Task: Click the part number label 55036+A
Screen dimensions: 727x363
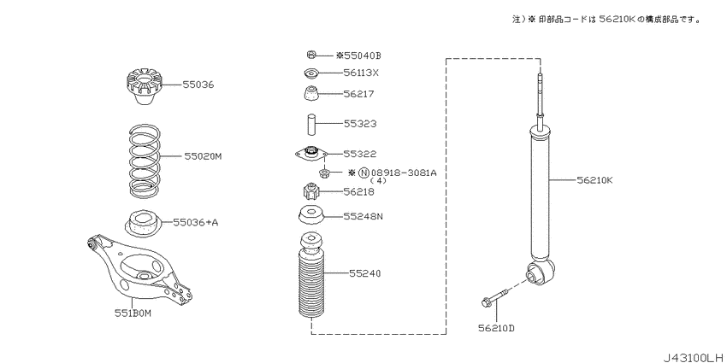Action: tap(195, 223)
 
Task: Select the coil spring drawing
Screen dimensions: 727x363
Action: tap(145, 160)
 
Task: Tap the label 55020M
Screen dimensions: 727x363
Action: tap(203, 156)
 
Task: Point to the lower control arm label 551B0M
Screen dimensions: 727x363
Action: tap(133, 313)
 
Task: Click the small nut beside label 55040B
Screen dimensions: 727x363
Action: tap(311, 56)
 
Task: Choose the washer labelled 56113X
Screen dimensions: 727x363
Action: tap(310, 73)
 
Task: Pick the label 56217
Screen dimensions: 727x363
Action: tap(359, 94)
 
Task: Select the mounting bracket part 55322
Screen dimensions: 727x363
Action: tap(311, 154)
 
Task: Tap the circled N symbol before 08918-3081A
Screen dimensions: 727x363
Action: tap(364, 173)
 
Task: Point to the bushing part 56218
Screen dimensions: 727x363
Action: tap(311, 190)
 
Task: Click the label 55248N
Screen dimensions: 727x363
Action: tap(363, 216)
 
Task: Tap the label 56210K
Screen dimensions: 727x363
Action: tap(595, 179)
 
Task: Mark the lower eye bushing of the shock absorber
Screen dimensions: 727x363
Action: tap(541, 272)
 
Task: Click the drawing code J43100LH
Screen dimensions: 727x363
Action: tap(694, 357)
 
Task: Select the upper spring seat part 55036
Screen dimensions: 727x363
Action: tap(144, 87)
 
